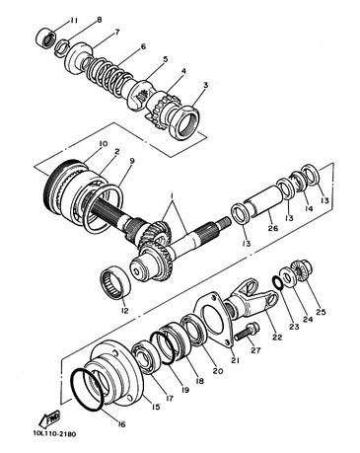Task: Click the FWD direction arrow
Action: pyautogui.click(x=49, y=419)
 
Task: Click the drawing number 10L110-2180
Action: pyautogui.click(x=54, y=434)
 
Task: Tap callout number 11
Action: pyautogui.click(x=73, y=21)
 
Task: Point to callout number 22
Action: pyautogui.click(x=278, y=337)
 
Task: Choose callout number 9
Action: pyautogui.click(x=132, y=161)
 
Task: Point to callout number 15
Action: pyautogui.click(x=156, y=407)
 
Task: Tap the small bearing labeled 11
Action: pyautogui.click(x=44, y=39)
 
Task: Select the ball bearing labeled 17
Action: pyautogui.click(x=146, y=358)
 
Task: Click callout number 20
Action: pyautogui.click(x=217, y=371)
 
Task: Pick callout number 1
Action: pyautogui.click(x=172, y=196)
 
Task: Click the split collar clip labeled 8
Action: pyautogui.click(x=62, y=46)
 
